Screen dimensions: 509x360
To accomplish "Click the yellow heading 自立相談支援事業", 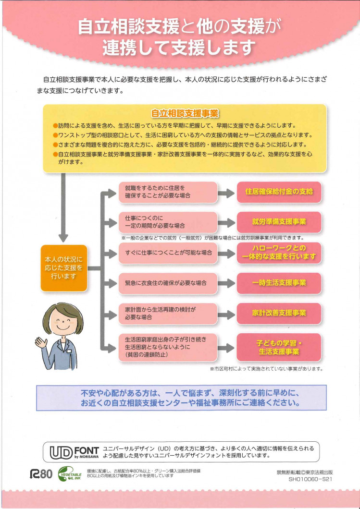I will click(185, 113).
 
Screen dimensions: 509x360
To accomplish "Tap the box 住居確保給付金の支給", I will click(279, 192).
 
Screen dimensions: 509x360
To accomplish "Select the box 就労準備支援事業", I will click(279, 222).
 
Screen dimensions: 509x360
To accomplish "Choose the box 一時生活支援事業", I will click(279, 282).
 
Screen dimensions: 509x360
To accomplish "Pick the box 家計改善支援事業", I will click(279, 313).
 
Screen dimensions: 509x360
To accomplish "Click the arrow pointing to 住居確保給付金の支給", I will click(225, 192).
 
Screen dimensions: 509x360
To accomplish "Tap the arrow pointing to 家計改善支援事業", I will click(225, 313).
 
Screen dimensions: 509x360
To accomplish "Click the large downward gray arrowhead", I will click(62, 237).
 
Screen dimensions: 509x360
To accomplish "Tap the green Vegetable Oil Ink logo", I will click(70, 473).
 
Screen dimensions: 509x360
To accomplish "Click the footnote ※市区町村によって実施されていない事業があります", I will click(266, 369).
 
